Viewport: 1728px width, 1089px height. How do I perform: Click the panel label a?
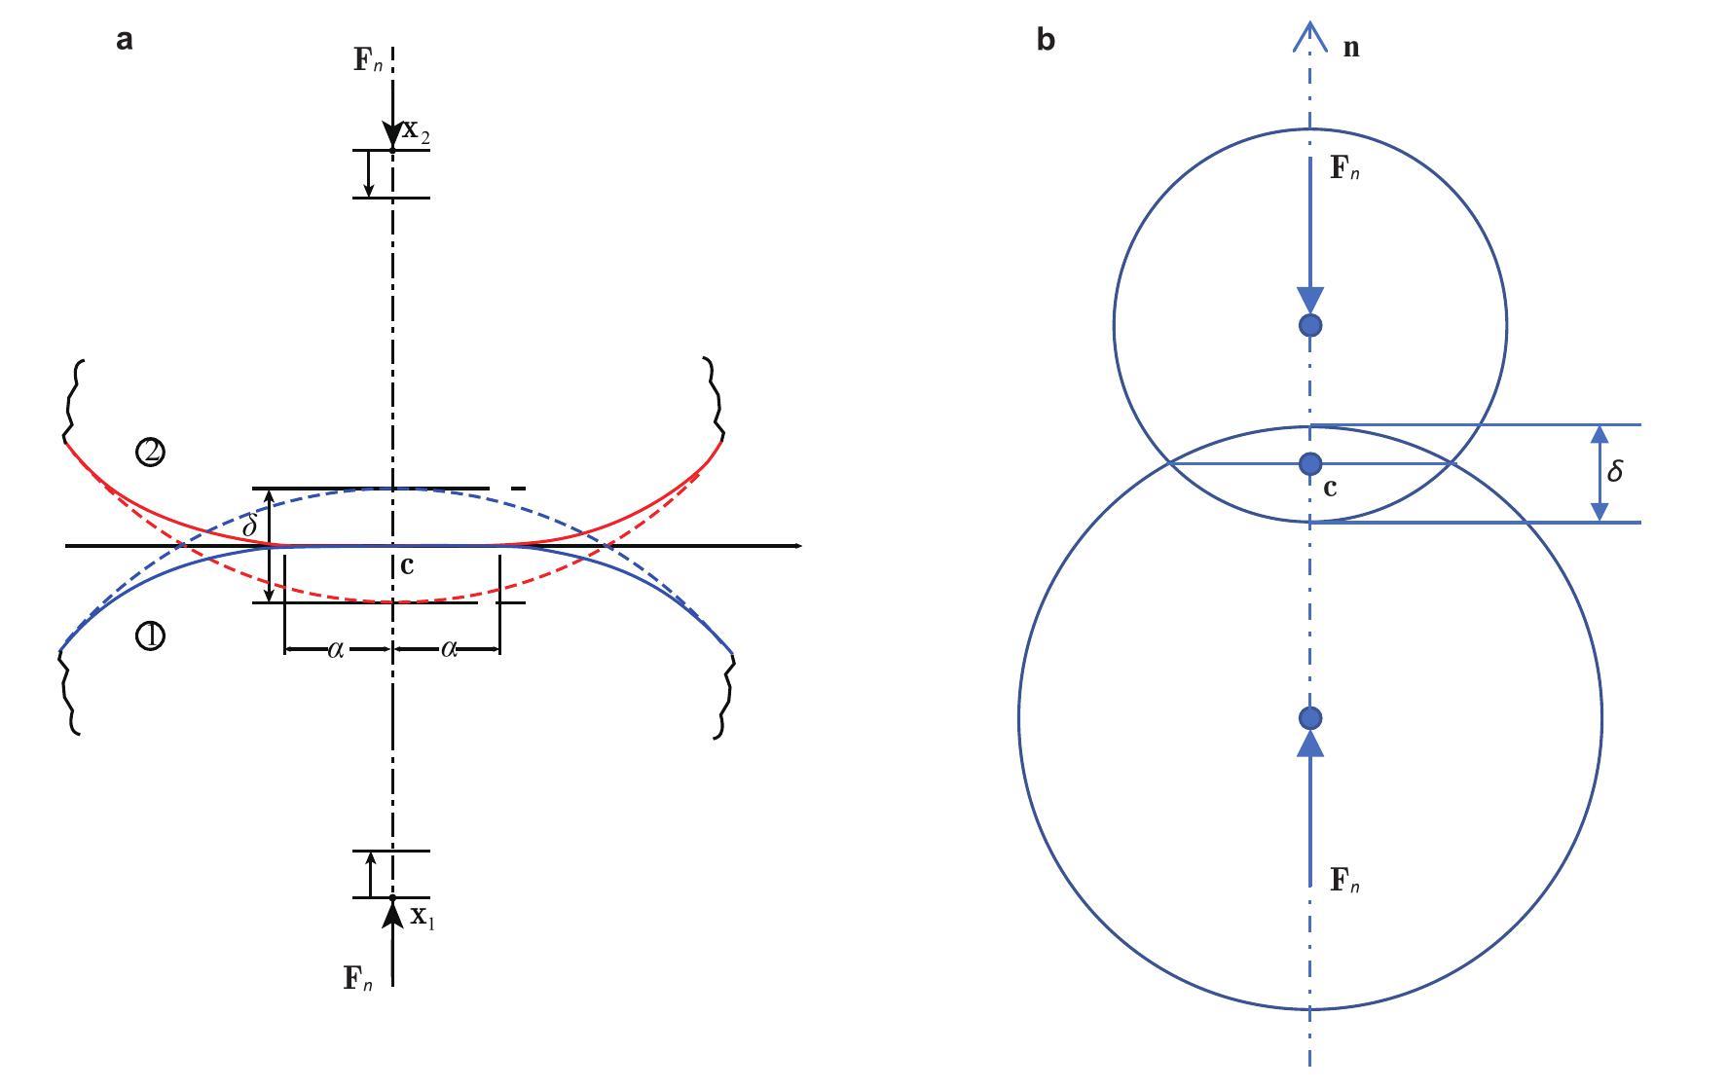pyautogui.click(x=124, y=40)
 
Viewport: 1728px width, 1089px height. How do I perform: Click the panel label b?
pyautogui.click(x=1046, y=40)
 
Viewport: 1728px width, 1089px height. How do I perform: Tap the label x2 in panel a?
pyautogui.click(x=416, y=132)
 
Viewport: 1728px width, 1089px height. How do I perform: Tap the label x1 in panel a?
pyautogui.click(x=422, y=917)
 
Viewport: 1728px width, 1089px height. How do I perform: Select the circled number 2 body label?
pyautogui.click(x=150, y=452)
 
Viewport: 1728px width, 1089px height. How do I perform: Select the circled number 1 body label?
pyautogui.click(x=150, y=636)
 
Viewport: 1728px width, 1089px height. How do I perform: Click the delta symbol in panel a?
pyautogui.click(x=249, y=526)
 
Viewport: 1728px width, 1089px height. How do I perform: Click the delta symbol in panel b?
pyautogui.click(x=1615, y=471)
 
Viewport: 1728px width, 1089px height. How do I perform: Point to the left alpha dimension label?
pyautogui.click(x=335, y=649)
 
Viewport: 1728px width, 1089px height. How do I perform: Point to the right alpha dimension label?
pyautogui.click(x=449, y=649)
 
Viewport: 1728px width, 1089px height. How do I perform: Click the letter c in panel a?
pyautogui.click(x=407, y=565)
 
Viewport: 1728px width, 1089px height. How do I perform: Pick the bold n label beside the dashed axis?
pyautogui.click(x=1351, y=48)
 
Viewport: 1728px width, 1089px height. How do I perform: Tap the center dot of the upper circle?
pyautogui.click(x=1310, y=325)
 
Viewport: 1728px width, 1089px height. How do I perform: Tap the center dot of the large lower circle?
pyautogui.click(x=1310, y=718)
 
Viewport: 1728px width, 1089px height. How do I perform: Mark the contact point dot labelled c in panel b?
pyautogui.click(x=1310, y=463)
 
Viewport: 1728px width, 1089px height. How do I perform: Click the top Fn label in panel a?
pyautogui.click(x=367, y=60)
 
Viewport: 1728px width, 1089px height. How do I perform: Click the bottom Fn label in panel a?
pyautogui.click(x=357, y=978)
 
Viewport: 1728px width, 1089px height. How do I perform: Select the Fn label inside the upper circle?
pyautogui.click(x=1344, y=168)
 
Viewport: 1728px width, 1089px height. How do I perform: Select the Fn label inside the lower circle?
pyautogui.click(x=1344, y=881)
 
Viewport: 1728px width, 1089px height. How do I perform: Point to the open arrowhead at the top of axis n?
pyautogui.click(x=1310, y=37)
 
